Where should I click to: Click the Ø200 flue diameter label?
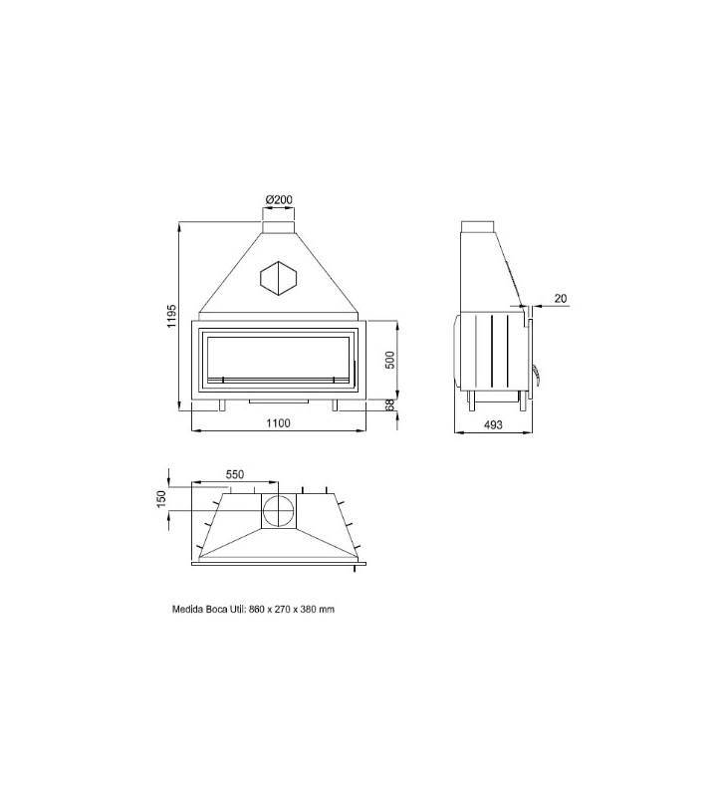[279, 200]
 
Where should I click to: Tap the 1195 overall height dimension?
[171, 316]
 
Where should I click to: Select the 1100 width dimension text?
[279, 422]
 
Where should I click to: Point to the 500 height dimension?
[389, 360]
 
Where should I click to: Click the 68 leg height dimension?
[389, 405]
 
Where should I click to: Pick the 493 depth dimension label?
[493, 424]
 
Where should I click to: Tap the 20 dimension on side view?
[560, 298]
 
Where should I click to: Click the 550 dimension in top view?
[235, 474]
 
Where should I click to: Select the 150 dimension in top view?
[161, 499]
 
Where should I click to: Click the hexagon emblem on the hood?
[279, 278]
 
